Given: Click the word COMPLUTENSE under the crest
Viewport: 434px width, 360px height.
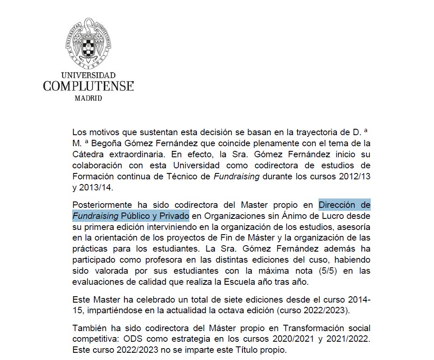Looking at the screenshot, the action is pyautogui.click(x=88, y=86).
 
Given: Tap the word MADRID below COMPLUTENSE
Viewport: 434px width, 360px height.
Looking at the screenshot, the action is pyautogui.click(x=88, y=98).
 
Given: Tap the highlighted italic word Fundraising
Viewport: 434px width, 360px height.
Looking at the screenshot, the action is pyautogui.click(x=96, y=216).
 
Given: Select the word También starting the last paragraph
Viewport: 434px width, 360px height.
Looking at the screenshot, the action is pyautogui.click(x=89, y=329).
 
